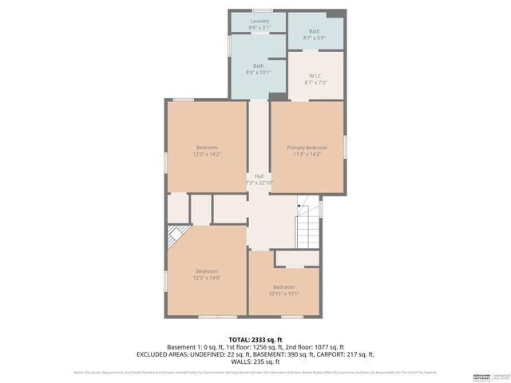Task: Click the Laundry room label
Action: click(259, 21)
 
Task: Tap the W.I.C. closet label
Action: click(315, 75)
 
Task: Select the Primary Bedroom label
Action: click(307, 148)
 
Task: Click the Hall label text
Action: click(259, 176)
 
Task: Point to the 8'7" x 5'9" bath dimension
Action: click(315, 38)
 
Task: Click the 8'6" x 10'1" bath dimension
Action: click(259, 73)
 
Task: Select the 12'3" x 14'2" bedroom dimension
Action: click(207, 154)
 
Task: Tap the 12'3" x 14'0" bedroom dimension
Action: click(207, 278)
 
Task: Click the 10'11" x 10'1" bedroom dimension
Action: click(284, 293)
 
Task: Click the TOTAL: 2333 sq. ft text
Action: click(255, 339)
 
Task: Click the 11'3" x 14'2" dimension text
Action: click(307, 154)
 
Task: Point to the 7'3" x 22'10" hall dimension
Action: click(259, 183)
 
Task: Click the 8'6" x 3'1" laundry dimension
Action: click(259, 28)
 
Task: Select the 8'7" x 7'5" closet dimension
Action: click(315, 81)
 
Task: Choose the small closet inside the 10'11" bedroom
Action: click(295, 259)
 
